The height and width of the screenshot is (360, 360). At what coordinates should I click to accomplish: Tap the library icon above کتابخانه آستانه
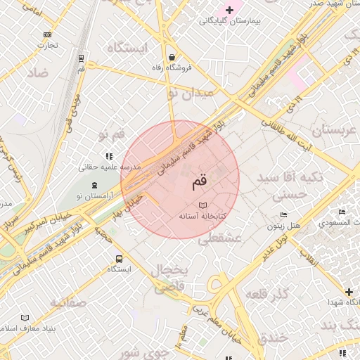point(203,205)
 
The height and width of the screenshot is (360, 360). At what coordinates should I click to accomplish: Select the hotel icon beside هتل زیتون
point(283,214)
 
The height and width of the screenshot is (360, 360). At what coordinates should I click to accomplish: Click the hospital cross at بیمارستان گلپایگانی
point(229,9)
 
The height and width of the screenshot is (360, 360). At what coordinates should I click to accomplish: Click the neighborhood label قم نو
point(112,133)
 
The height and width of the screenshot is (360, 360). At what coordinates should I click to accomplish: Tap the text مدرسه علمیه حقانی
point(110,167)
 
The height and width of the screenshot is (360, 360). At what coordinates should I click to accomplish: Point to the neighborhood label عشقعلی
point(219,239)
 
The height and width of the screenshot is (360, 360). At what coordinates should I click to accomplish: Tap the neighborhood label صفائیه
point(67,303)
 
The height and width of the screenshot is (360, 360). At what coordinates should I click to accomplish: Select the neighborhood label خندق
point(272,337)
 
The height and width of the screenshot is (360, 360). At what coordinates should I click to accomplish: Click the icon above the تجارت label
point(48,34)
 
